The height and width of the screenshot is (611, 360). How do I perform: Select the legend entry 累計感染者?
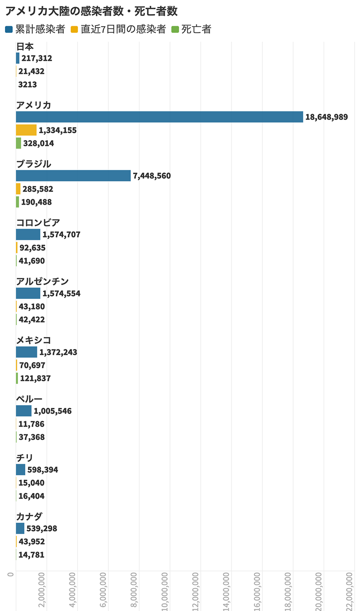[36, 30]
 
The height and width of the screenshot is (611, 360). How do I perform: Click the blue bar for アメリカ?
[159, 117]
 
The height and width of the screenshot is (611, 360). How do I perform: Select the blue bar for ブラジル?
[73, 176]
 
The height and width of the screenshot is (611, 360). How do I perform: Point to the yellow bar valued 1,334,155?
[26, 130]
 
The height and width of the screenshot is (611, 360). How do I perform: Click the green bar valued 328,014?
[18, 143]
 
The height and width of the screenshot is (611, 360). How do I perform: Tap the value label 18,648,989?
[326, 117]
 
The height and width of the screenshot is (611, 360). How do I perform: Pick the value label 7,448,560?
[152, 176]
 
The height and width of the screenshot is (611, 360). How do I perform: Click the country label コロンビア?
[38, 222]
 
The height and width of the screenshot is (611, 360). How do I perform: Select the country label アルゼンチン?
[42, 281]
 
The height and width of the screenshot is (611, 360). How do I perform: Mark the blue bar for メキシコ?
[27, 352]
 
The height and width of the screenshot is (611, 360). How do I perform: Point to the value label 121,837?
[35, 379]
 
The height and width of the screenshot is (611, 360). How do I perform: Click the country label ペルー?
[29, 399]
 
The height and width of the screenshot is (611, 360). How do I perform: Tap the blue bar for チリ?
[21, 470]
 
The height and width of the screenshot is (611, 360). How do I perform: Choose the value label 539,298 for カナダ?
[42, 529]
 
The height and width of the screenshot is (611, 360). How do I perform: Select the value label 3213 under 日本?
[27, 85]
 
